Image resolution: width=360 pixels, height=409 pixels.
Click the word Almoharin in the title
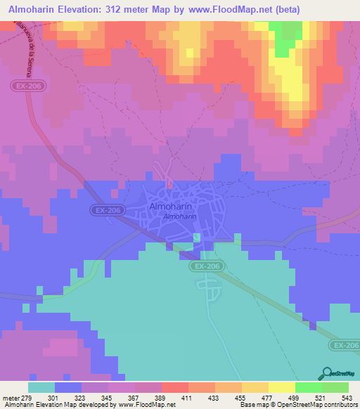pos(34,9)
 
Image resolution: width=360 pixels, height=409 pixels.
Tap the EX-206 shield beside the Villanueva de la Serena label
pos(23,86)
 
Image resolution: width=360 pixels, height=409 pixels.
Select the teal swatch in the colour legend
pos(41,387)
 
